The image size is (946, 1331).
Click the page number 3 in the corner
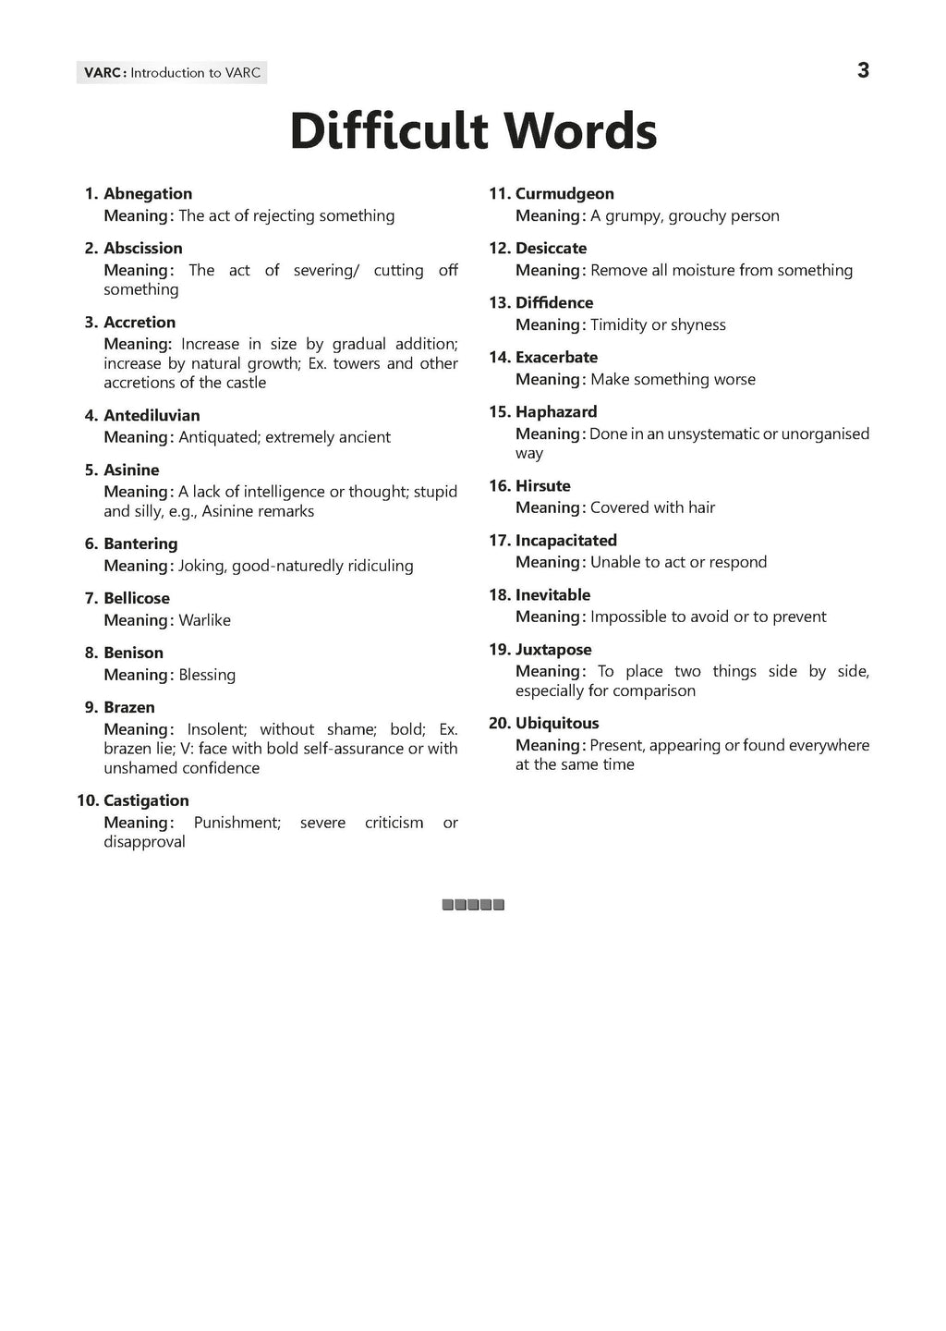coord(863,70)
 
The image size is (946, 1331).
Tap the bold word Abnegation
coord(148,193)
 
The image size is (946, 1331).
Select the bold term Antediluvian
coord(152,415)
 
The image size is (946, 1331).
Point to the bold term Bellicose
coord(137,598)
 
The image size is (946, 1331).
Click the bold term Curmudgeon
coord(564,193)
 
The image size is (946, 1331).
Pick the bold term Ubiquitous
coord(557,723)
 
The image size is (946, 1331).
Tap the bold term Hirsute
coord(543,485)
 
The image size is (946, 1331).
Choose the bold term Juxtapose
coord(553,649)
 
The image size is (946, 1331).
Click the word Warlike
coord(204,620)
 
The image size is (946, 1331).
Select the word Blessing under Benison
coord(207,675)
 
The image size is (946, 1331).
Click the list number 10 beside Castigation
coord(87,800)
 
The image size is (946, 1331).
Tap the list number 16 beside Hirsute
coord(499,485)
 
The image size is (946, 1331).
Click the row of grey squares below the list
coord(473,905)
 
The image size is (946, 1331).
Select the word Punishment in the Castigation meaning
coord(236,823)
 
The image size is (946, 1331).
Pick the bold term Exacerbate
coord(556,357)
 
